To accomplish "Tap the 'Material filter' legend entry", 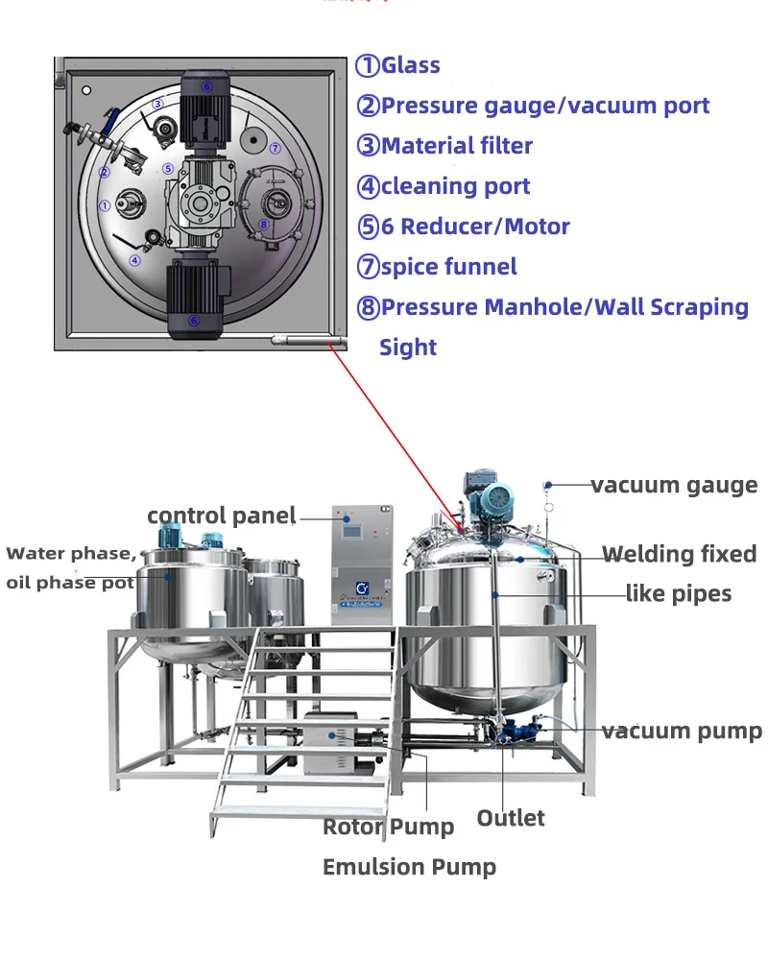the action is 444,146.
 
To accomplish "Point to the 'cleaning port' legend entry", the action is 443,186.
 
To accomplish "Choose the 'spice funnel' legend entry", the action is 437,267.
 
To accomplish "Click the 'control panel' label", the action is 221,516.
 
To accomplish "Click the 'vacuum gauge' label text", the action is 674,485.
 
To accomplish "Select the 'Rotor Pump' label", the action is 388,827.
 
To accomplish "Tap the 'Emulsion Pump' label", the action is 409,868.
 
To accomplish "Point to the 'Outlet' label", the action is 511,818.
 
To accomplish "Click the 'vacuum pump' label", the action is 682,732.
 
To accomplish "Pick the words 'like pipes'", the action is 679,594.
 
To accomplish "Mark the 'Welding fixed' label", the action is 679,554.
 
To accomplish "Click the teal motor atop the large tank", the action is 496,495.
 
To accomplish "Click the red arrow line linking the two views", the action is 394,432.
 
